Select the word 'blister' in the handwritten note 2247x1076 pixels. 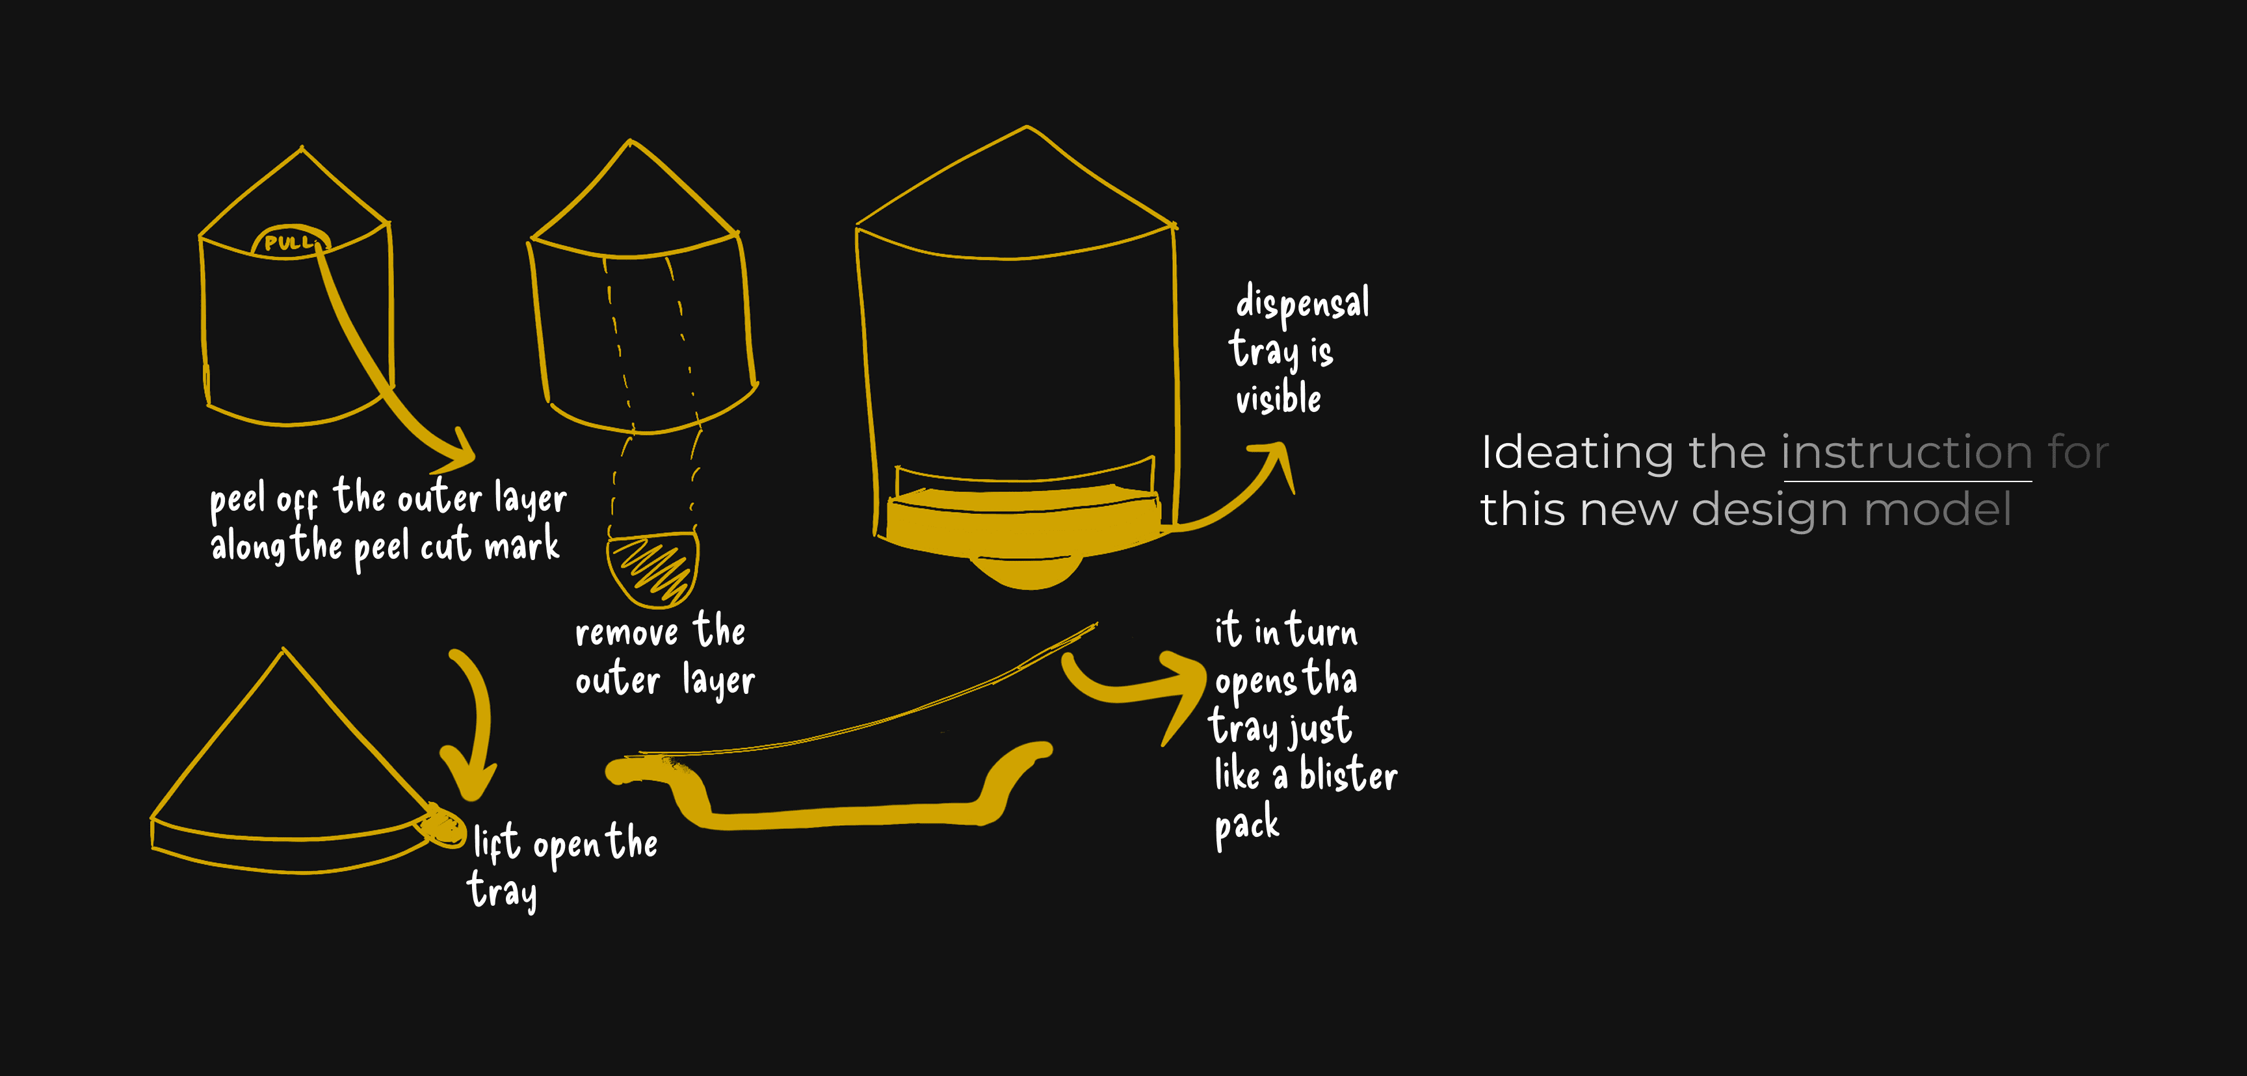1348,775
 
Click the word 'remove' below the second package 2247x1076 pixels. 626,632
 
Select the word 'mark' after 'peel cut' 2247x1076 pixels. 521,546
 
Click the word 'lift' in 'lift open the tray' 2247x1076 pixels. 495,843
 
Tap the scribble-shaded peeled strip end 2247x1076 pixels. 653,569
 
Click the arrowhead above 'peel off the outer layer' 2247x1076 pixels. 458,451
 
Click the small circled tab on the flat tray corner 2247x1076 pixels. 444,826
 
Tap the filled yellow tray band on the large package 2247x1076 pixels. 1021,523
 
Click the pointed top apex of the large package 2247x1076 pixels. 1027,127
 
